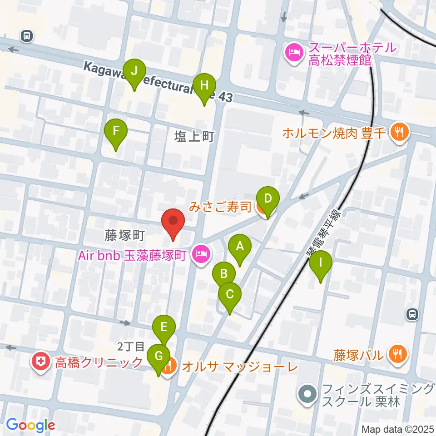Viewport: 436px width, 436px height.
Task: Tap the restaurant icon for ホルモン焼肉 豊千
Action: point(400,133)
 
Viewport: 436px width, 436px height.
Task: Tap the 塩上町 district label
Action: point(194,136)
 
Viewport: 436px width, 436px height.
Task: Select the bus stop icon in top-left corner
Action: point(27,35)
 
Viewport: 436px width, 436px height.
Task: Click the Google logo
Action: point(30,425)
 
